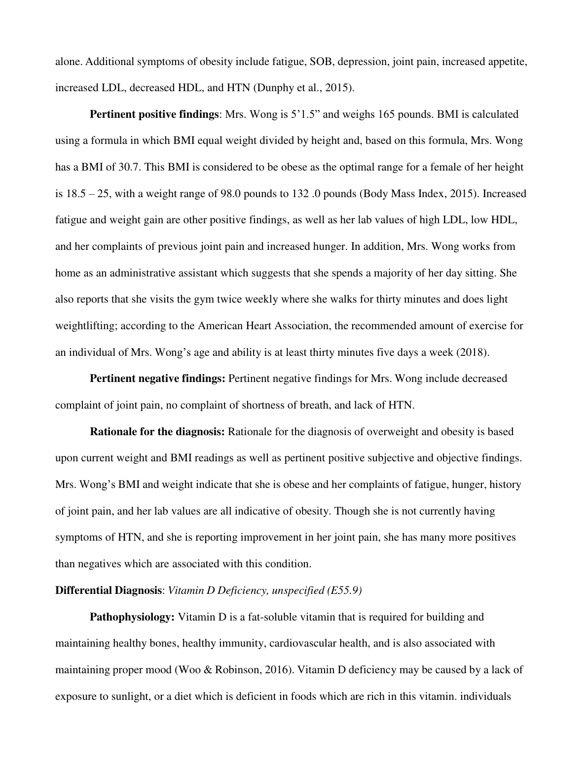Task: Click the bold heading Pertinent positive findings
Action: coord(154,115)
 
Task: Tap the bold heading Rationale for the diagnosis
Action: coord(157,432)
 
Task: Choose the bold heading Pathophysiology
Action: coord(132,617)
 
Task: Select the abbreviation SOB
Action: coord(320,62)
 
